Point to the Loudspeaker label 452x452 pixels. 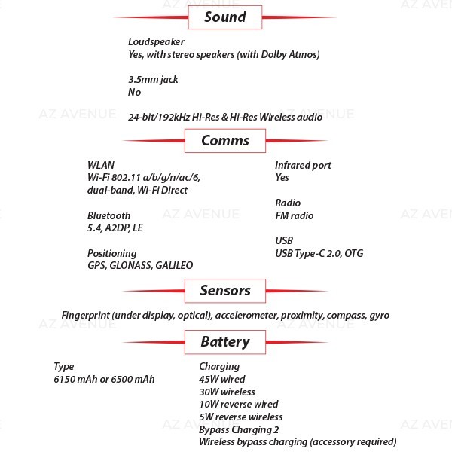pyautogui.click(x=156, y=42)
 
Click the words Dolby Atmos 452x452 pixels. pyautogui.click(x=289, y=54)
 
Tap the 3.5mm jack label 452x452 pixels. pyautogui.click(x=153, y=80)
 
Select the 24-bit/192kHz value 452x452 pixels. pyautogui.click(x=159, y=117)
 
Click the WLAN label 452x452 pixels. pyautogui.click(x=101, y=165)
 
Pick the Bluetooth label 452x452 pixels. pyautogui.click(x=108, y=215)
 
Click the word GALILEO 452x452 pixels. pyautogui.click(x=174, y=265)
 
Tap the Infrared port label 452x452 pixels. pyautogui.click(x=303, y=166)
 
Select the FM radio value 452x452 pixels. pyautogui.click(x=295, y=216)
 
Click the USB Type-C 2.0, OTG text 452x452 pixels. pyautogui.click(x=319, y=253)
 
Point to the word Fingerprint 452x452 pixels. pyautogui.click(x=86, y=316)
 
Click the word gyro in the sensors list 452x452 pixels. pyautogui.click(x=380, y=316)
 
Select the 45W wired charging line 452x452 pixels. pyautogui.click(x=222, y=380)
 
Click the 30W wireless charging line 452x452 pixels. pyautogui.click(x=227, y=392)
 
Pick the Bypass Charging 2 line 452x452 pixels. pyautogui.click(x=239, y=430)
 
